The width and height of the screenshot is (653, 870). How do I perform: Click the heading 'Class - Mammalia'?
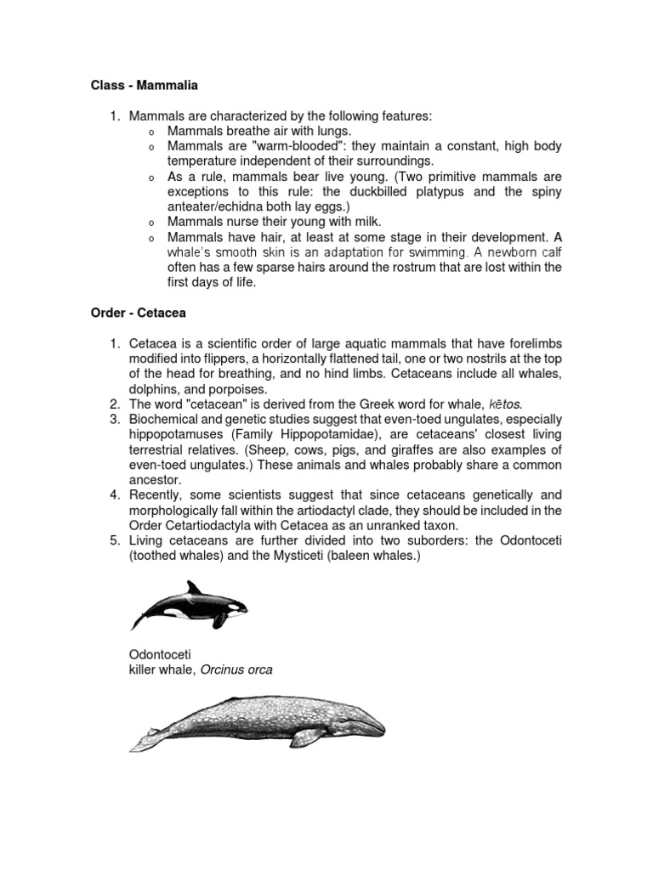pyautogui.click(x=145, y=85)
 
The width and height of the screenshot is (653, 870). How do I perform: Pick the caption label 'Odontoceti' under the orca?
pyautogui.click(x=161, y=655)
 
